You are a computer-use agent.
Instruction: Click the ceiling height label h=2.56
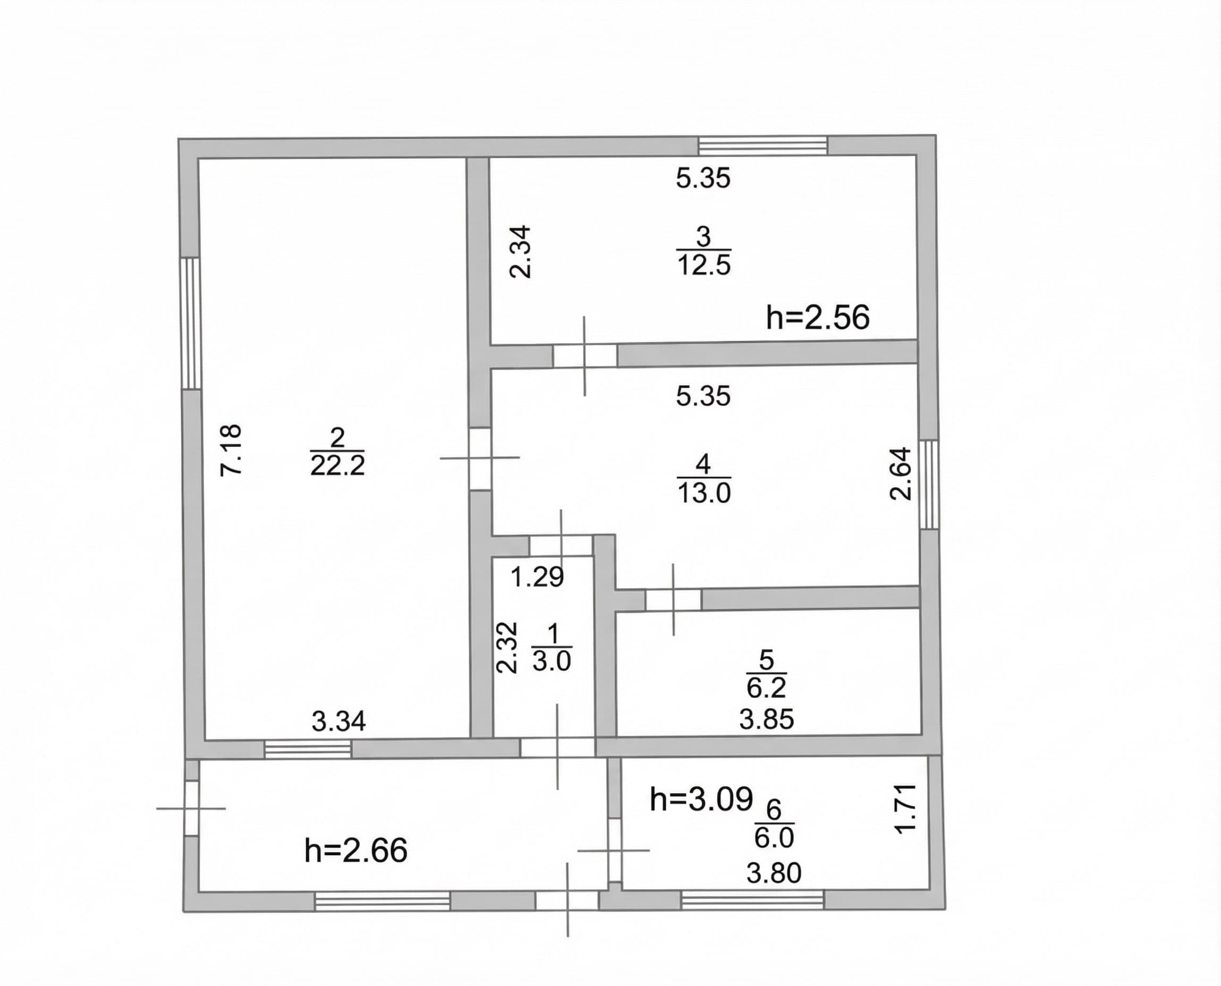tap(818, 318)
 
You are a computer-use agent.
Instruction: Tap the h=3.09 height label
tap(701, 799)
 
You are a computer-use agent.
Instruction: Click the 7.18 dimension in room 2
tap(231, 450)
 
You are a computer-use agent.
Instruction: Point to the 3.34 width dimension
tap(339, 721)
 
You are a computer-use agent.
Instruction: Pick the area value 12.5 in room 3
tap(703, 265)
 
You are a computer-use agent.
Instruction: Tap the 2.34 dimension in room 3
tap(520, 252)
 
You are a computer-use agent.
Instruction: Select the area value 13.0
tap(704, 493)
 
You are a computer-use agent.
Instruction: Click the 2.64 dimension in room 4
tap(900, 474)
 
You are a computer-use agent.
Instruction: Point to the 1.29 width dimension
tap(537, 577)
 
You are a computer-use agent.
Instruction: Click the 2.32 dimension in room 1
tap(507, 648)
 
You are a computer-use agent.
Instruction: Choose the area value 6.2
tap(766, 688)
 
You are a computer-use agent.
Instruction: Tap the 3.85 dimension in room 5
tap(767, 720)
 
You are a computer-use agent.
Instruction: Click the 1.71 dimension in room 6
tap(906, 808)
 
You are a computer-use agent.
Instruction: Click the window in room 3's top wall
tap(762, 146)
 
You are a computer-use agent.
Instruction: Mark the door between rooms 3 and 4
tap(585, 356)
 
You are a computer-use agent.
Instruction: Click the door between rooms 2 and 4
tap(480, 459)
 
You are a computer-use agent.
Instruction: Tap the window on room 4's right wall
tap(929, 484)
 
